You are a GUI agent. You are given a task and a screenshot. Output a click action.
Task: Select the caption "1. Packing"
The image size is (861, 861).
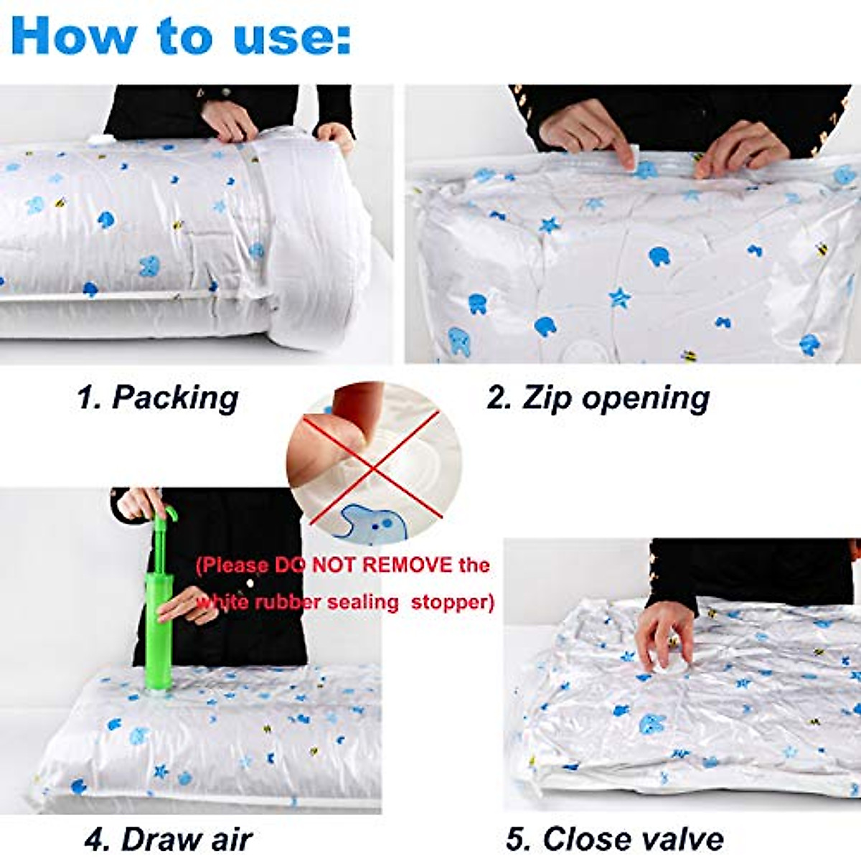click(158, 397)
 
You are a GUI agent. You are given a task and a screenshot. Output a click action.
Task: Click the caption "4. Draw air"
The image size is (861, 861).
click(168, 838)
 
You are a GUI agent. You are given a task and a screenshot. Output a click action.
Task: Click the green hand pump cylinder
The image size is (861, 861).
click(159, 631)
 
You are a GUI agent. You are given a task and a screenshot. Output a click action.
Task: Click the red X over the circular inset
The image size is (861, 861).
click(373, 463)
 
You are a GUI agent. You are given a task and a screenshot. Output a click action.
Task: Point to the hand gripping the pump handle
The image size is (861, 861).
click(140, 502)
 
